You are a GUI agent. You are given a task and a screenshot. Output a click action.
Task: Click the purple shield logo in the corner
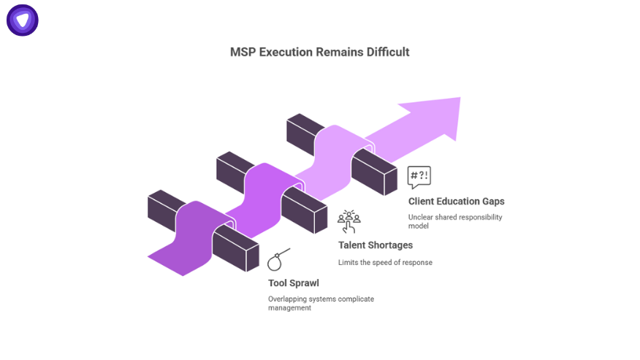(x=23, y=20)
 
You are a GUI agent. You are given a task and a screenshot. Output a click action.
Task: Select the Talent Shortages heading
(x=376, y=245)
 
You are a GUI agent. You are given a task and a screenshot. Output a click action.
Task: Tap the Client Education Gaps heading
(x=456, y=202)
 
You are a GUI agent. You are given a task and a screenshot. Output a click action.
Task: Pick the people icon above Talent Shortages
(x=348, y=221)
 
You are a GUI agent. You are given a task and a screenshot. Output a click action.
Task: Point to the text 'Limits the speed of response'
(x=385, y=262)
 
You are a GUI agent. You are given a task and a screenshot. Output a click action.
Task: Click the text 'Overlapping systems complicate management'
(x=321, y=303)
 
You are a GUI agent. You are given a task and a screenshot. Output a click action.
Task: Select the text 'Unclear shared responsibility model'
(x=454, y=221)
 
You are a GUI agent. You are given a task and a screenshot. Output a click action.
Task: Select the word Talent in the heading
(x=352, y=245)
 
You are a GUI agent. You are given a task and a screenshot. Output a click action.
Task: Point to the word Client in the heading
(x=422, y=202)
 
